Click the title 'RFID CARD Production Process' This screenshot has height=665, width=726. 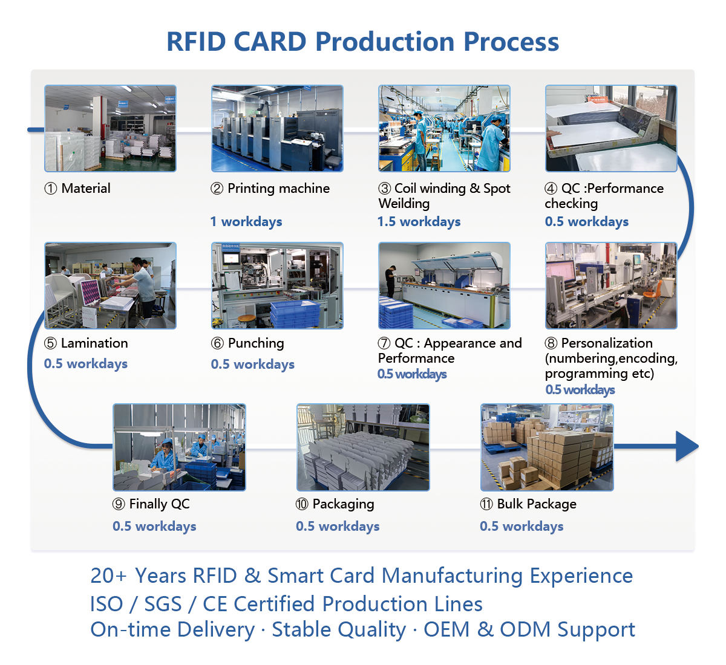[x=362, y=42]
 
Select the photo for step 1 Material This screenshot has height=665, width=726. [x=110, y=128]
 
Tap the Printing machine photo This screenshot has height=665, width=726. [x=277, y=128]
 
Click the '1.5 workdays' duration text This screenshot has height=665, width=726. [x=419, y=222]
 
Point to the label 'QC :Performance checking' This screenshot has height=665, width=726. [x=604, y=196]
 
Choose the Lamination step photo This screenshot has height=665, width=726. [x=110, y=285]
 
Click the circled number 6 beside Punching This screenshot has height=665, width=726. [x=217, y=343]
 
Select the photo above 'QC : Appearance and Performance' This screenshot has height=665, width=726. [x=444, y=285]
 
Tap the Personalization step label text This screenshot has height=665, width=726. [x=610, y=358]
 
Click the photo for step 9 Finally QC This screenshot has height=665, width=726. [x=179, y=447]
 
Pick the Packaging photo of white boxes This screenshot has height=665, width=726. [x=363, y=447]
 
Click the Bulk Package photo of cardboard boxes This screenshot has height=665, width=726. [x=547, y=447]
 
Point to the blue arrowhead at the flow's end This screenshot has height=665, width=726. [x=687, y=447]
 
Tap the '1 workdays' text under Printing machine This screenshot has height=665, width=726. [x=246, y=222]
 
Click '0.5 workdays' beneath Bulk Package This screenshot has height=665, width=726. [x=522, y=527]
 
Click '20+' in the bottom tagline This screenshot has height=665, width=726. [x=109, y=576]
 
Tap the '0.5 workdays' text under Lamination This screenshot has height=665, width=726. [x=86, y=364]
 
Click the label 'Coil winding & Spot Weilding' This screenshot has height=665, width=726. [x=444, y=196]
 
